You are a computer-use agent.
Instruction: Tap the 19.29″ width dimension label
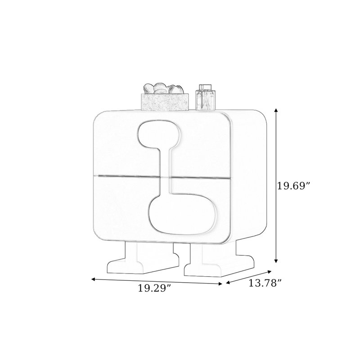coord(155,288)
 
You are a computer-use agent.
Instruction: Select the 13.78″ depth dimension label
coord(265,283)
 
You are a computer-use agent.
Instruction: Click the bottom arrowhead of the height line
coord(276,260)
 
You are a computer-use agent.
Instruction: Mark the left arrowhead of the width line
coord(94,279)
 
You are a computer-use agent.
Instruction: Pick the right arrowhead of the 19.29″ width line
coord(220,284)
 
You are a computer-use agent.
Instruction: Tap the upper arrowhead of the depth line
coord(270,272)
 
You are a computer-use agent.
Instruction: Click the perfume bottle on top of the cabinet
coord(206,97)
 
